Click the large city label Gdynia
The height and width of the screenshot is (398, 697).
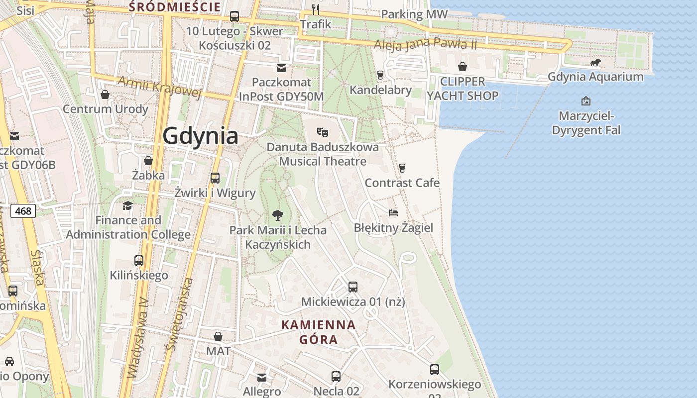(200, 135)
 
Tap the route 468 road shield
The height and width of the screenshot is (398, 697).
(23, 211)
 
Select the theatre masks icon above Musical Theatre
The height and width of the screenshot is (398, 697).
(323, 132)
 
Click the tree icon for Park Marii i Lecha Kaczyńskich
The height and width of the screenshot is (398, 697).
(278, 215)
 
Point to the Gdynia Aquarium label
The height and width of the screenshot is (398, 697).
(595, 77)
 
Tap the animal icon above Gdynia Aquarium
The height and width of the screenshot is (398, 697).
(595, 63)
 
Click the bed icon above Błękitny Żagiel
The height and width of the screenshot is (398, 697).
(393, 213)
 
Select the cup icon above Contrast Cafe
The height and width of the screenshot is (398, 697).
(402, 168)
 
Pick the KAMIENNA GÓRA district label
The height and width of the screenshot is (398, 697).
(319, 332)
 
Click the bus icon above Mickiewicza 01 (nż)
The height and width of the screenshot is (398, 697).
(353, 287)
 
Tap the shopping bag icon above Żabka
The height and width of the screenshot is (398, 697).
(148, 161)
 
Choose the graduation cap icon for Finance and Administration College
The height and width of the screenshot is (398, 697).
(128, 205)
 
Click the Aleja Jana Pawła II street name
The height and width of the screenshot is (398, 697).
(426, 44)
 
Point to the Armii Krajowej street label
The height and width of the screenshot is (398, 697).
(159, 87)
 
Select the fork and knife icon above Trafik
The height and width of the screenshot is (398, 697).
(315, 9)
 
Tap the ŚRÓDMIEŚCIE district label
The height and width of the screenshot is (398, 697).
(175, 7)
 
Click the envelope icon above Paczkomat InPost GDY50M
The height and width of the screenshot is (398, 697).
(282, 68)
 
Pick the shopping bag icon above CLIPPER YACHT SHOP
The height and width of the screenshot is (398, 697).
(463, 67)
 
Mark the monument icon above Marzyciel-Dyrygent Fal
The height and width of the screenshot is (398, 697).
(586, 101)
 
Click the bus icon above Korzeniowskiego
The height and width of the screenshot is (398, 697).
(435, 369)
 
